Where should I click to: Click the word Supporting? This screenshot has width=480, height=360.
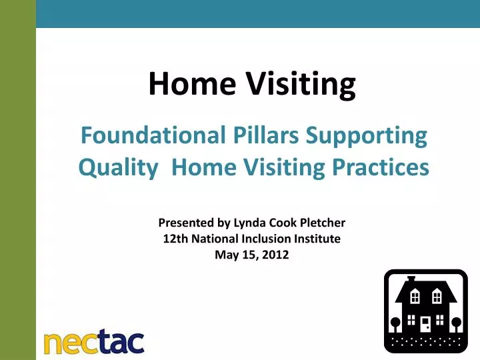pyautogui.click(x=367, y=137)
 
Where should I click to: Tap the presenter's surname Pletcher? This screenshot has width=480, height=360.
pyautogui.click(x=319, y=223)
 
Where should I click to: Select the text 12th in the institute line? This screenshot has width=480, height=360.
pyautogui.click(x=173, y=238)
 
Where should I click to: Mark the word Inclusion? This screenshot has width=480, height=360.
pyautogui.click(x=256, y=238)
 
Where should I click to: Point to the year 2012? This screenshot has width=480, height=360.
pyautogui.click(x=275, y=253)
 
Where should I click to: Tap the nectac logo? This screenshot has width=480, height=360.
pyautogui.click(x=93, y=341)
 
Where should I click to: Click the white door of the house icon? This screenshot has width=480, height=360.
pyautogui.click(x=425, y=324)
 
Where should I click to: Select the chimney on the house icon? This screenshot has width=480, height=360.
pyautogui.click(x=411, y=279)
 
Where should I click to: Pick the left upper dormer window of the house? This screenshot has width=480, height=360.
pyautogui.click(x=415, y=295)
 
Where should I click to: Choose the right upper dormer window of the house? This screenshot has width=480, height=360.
pyautogui.click(x=437, y=295)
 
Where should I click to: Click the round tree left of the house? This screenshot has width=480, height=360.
pyautogui.click(x=395, y=323)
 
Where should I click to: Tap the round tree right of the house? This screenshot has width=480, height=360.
pyautogui.click(x=457, y=323)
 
